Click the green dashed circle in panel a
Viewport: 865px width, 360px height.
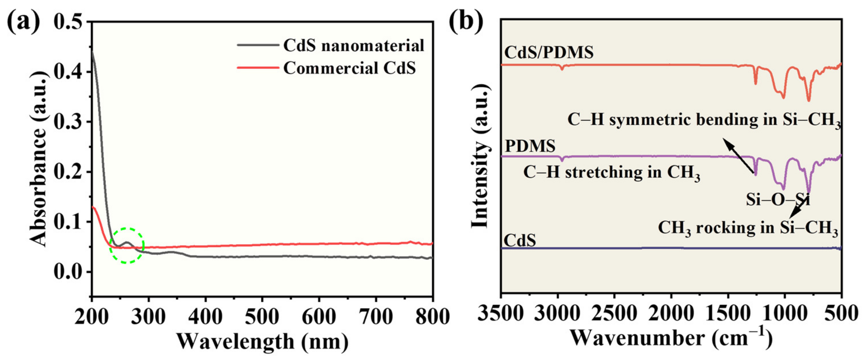click(127, 245)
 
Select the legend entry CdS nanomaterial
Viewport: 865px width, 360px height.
click(354, 46)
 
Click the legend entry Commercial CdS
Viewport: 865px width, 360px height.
click(349, 68)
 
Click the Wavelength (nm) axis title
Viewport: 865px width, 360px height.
click(262, 342)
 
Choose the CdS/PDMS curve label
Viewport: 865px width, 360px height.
click(549, 52)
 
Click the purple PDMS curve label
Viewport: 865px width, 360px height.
click(530, 146)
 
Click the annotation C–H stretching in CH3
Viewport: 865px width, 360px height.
click(611, 173)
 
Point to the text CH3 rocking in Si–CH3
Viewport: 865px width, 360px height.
click(748, 228)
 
